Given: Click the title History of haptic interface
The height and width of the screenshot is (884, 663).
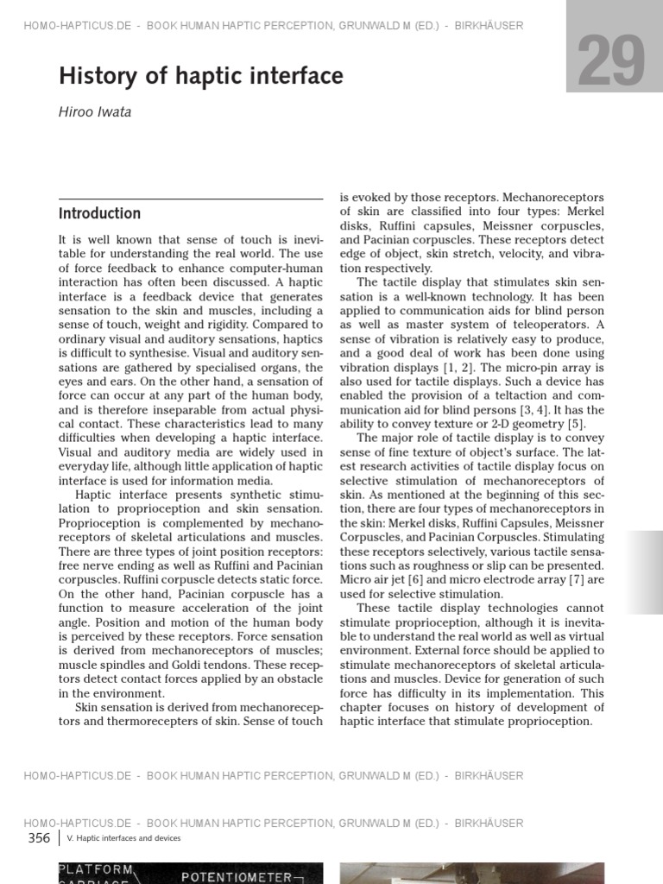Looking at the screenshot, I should pyautogui.click(x=200, y=77).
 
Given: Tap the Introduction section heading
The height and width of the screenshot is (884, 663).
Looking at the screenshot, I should pyautogui.click(x=99, y=213).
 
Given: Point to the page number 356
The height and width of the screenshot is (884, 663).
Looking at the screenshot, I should pyautogui.click(x=39, y=838).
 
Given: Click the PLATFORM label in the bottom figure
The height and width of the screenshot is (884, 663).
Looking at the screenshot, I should pyautogui.click(x=96, y=868).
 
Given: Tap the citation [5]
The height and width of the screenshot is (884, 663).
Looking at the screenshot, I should pyautogui.click(x=576, y=423).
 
